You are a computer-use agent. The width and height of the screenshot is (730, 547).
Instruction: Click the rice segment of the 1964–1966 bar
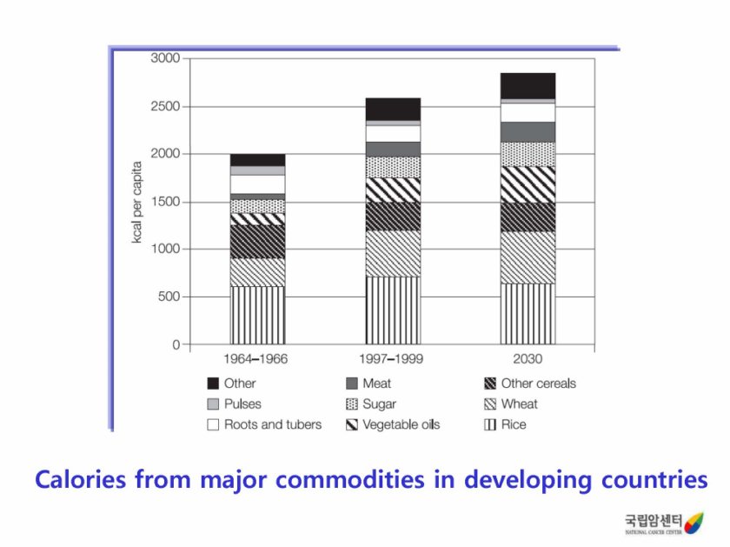point(257,315)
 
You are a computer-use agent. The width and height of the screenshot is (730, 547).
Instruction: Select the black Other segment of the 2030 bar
point(528,86)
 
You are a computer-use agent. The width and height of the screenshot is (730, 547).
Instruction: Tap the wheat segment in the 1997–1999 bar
point(393,253)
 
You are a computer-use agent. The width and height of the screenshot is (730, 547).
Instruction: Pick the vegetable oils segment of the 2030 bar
point(528,183)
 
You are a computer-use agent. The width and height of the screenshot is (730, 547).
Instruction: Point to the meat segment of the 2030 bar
point(528,131)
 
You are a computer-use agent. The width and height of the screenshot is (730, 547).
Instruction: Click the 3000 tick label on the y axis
point(165,58)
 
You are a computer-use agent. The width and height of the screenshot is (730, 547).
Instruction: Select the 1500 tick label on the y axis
point(165,202)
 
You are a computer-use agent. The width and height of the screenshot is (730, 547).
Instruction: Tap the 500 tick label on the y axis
point(169,297)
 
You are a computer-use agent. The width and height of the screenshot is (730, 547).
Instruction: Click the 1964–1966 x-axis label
point(255,359)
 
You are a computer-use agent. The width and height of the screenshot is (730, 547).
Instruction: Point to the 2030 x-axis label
point(528,359)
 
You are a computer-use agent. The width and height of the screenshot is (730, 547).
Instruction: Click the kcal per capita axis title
point(137,201)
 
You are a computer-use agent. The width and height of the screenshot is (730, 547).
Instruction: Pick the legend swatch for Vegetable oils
point(352,424)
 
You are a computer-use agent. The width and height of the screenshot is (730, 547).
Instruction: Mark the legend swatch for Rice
point(490,424)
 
